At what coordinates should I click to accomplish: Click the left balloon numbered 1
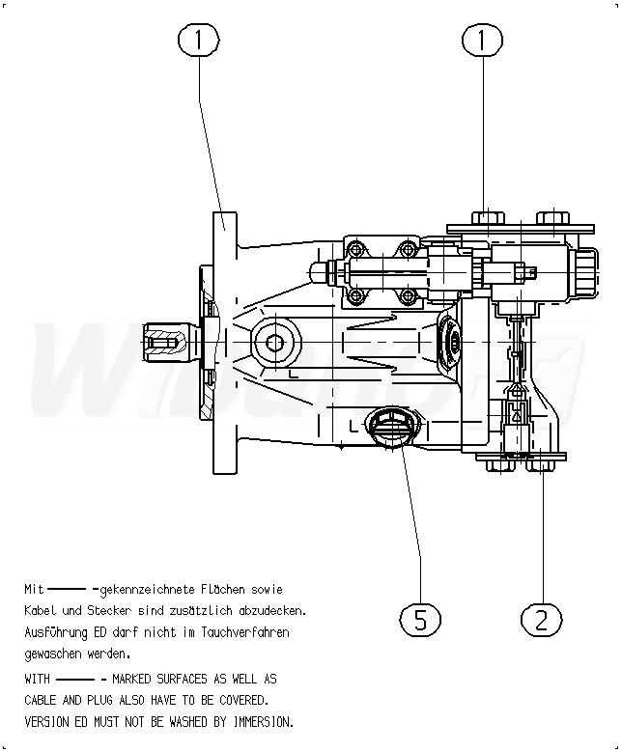199,40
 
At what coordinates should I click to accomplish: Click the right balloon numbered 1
483,40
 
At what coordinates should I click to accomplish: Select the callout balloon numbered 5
420,619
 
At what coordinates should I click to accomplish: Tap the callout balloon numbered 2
541,619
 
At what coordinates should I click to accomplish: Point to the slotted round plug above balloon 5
389,425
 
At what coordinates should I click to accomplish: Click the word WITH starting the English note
37,679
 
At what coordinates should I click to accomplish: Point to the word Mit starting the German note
34,589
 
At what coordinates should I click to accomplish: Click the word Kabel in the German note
41,610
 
